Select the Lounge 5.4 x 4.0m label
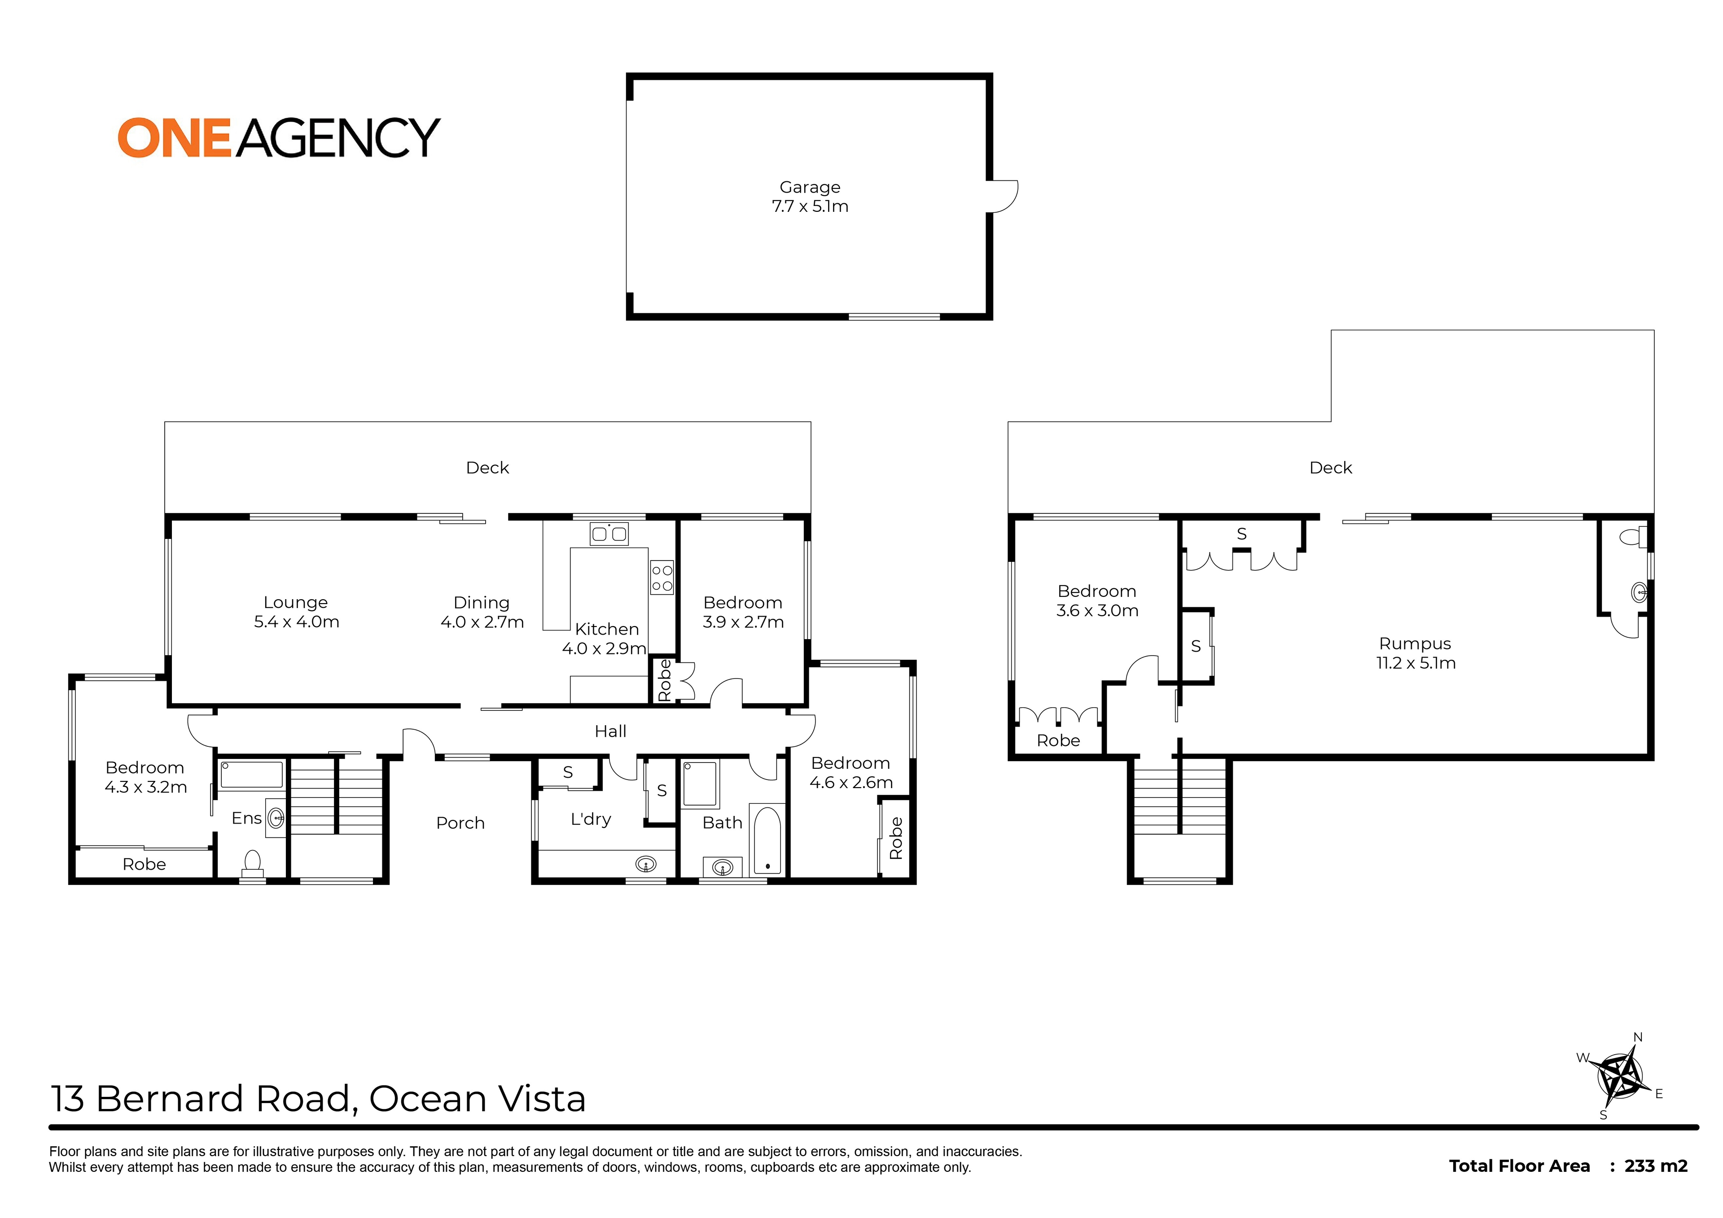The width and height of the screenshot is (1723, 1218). [296, 612]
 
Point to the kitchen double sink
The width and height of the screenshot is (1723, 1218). [609, 534]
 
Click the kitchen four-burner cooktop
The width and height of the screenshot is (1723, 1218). [662, 578]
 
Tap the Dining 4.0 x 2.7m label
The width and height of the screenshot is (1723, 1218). [482, 612]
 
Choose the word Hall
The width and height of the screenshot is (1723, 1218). [610, 731]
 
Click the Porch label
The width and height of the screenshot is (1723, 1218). [460, 823]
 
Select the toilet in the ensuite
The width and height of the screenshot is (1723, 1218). [252, 864]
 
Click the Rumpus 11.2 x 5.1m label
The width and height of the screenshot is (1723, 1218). [1415, 653]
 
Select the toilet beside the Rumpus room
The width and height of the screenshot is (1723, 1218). [1633, 537]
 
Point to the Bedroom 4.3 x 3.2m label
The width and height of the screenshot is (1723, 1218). [145, 777]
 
